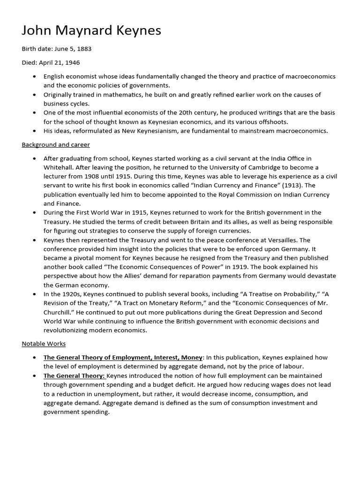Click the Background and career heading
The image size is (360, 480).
56,144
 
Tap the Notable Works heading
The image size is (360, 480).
44,344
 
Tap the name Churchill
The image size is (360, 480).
60,313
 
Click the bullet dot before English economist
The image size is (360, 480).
34,76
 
